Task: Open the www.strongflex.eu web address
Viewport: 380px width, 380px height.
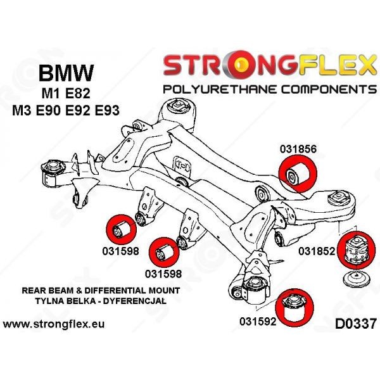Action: pos(54,324)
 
